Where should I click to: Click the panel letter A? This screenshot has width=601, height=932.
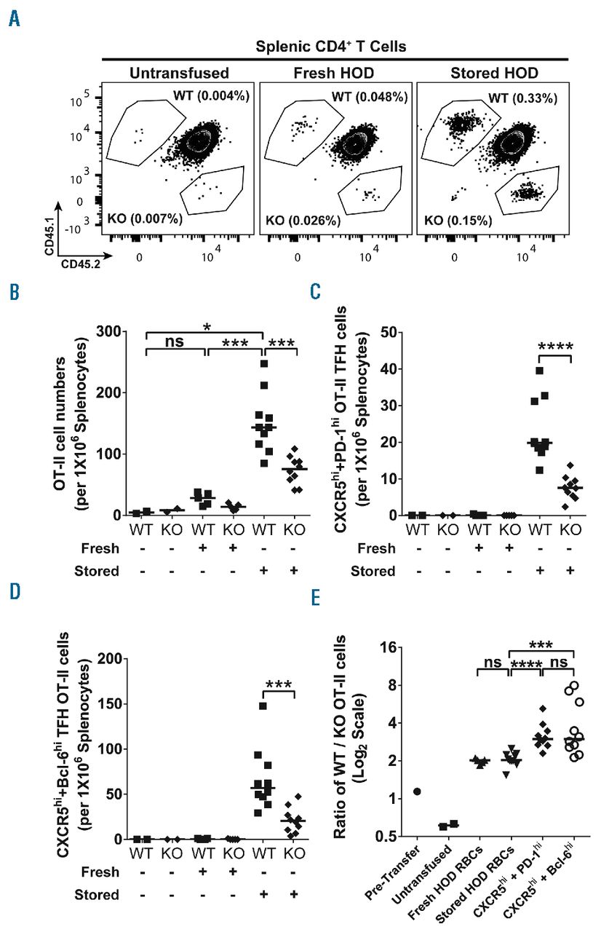click(15, 19)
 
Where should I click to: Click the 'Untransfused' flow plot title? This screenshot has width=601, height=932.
click(178, 73)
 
